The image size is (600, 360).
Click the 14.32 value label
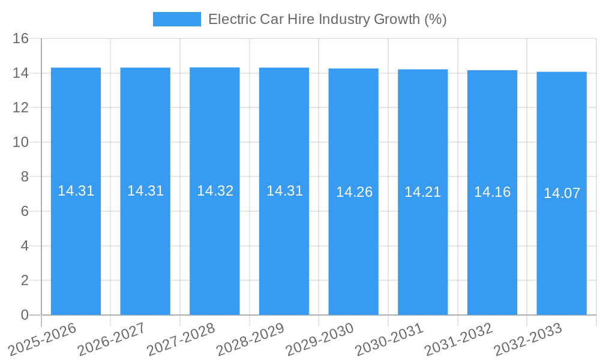(x=215, y=191)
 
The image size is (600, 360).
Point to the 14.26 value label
(x=354, y=192)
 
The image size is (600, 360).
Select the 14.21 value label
(x=422, y=192)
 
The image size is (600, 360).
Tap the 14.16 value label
(x=492, y=192)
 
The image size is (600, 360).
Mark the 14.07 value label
(x=562, y=193)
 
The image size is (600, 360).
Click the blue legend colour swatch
(x=177, y=19)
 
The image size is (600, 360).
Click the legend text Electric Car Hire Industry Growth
(x=327, y=19)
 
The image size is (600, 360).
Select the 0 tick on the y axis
(x=25, y=315)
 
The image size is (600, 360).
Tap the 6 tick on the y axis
(x=25, y=211)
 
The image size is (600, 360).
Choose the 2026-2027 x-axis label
(x=112, y=340)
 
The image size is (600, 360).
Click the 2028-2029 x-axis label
(x=250, y=340)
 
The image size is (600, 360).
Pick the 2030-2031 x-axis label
(x=389, y=340)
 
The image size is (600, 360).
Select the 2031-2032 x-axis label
(x=459, y=340)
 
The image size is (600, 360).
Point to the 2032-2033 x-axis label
(x=528, y=340)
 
